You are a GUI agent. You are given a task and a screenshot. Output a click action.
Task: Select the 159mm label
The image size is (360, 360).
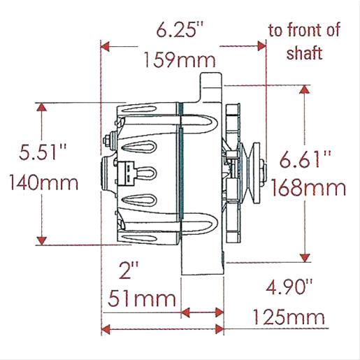pyautogui.click(x=180, y=60)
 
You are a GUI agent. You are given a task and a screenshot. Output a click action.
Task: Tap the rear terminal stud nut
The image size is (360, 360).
pyautogui.click(x=106, y=140)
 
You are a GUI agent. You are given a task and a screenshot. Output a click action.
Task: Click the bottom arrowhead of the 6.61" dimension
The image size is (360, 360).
pyautogui.click(x=305, y=257)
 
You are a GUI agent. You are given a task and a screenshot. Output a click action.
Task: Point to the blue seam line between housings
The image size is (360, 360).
pyautogui.click(x=180, y=171)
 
